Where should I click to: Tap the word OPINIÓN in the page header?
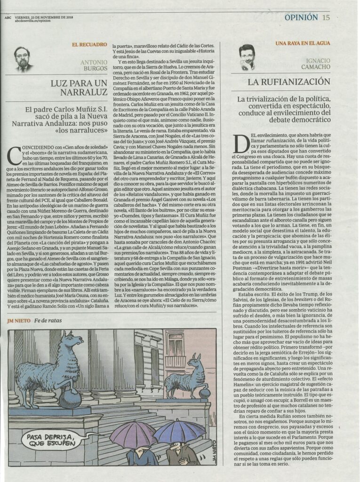[301, 17]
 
